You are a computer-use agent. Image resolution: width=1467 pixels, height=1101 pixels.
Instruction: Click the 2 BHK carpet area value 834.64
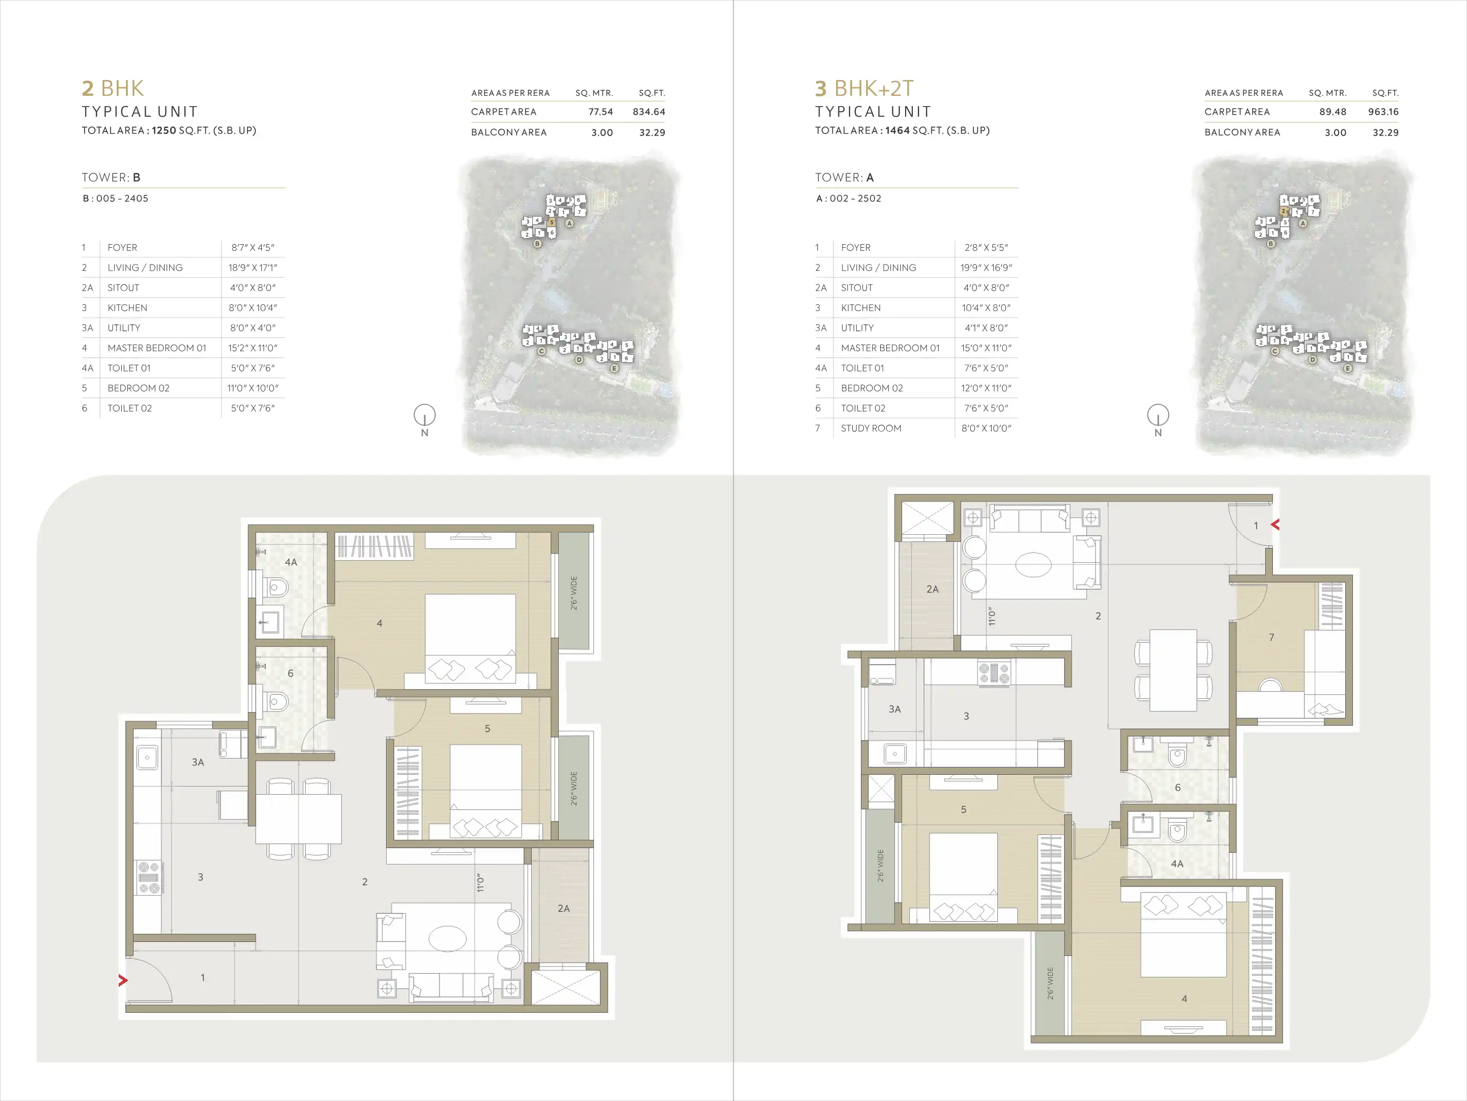(x=648, y=112)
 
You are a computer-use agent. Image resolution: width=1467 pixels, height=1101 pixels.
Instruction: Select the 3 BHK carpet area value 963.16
(x=1383, y=112)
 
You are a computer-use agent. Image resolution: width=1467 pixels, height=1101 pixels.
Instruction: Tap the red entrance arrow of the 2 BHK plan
(x=123, y=980)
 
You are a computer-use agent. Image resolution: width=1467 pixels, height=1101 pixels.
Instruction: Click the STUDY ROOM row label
(x=871, y=428)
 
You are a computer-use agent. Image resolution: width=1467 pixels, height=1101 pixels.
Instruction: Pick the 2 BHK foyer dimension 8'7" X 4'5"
(x=253, y=248)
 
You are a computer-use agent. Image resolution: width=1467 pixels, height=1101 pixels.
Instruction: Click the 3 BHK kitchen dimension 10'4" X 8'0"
(x=986, y=308)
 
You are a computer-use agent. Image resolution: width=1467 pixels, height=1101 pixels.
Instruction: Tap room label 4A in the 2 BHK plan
(x=290, y=562)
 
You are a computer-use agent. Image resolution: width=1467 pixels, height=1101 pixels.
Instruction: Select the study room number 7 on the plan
(x=1271, y=637)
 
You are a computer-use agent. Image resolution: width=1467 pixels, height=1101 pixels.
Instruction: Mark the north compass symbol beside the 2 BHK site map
(x=424, y=416)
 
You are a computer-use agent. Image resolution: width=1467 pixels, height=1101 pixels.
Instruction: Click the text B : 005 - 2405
(x=116, y=198)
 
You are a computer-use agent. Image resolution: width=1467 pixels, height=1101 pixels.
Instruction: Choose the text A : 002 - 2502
(x=849, y=198)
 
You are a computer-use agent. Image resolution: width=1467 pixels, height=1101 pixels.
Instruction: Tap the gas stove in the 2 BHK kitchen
(x=149, y=877)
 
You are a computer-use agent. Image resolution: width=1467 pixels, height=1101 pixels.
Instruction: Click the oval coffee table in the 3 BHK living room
(x=1033, y=565)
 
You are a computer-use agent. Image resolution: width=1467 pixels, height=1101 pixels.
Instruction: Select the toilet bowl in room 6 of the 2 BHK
(x=278, y=701)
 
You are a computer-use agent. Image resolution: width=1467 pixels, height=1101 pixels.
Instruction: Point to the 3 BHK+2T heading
(x=864, y=88)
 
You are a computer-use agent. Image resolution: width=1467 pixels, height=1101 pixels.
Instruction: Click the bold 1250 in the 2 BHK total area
(x=164, y=130)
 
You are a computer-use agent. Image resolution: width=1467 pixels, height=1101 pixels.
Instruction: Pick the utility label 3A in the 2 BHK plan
(x=198, y=763)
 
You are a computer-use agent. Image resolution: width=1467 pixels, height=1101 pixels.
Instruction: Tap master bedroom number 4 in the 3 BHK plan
(x=1184, y=999)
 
